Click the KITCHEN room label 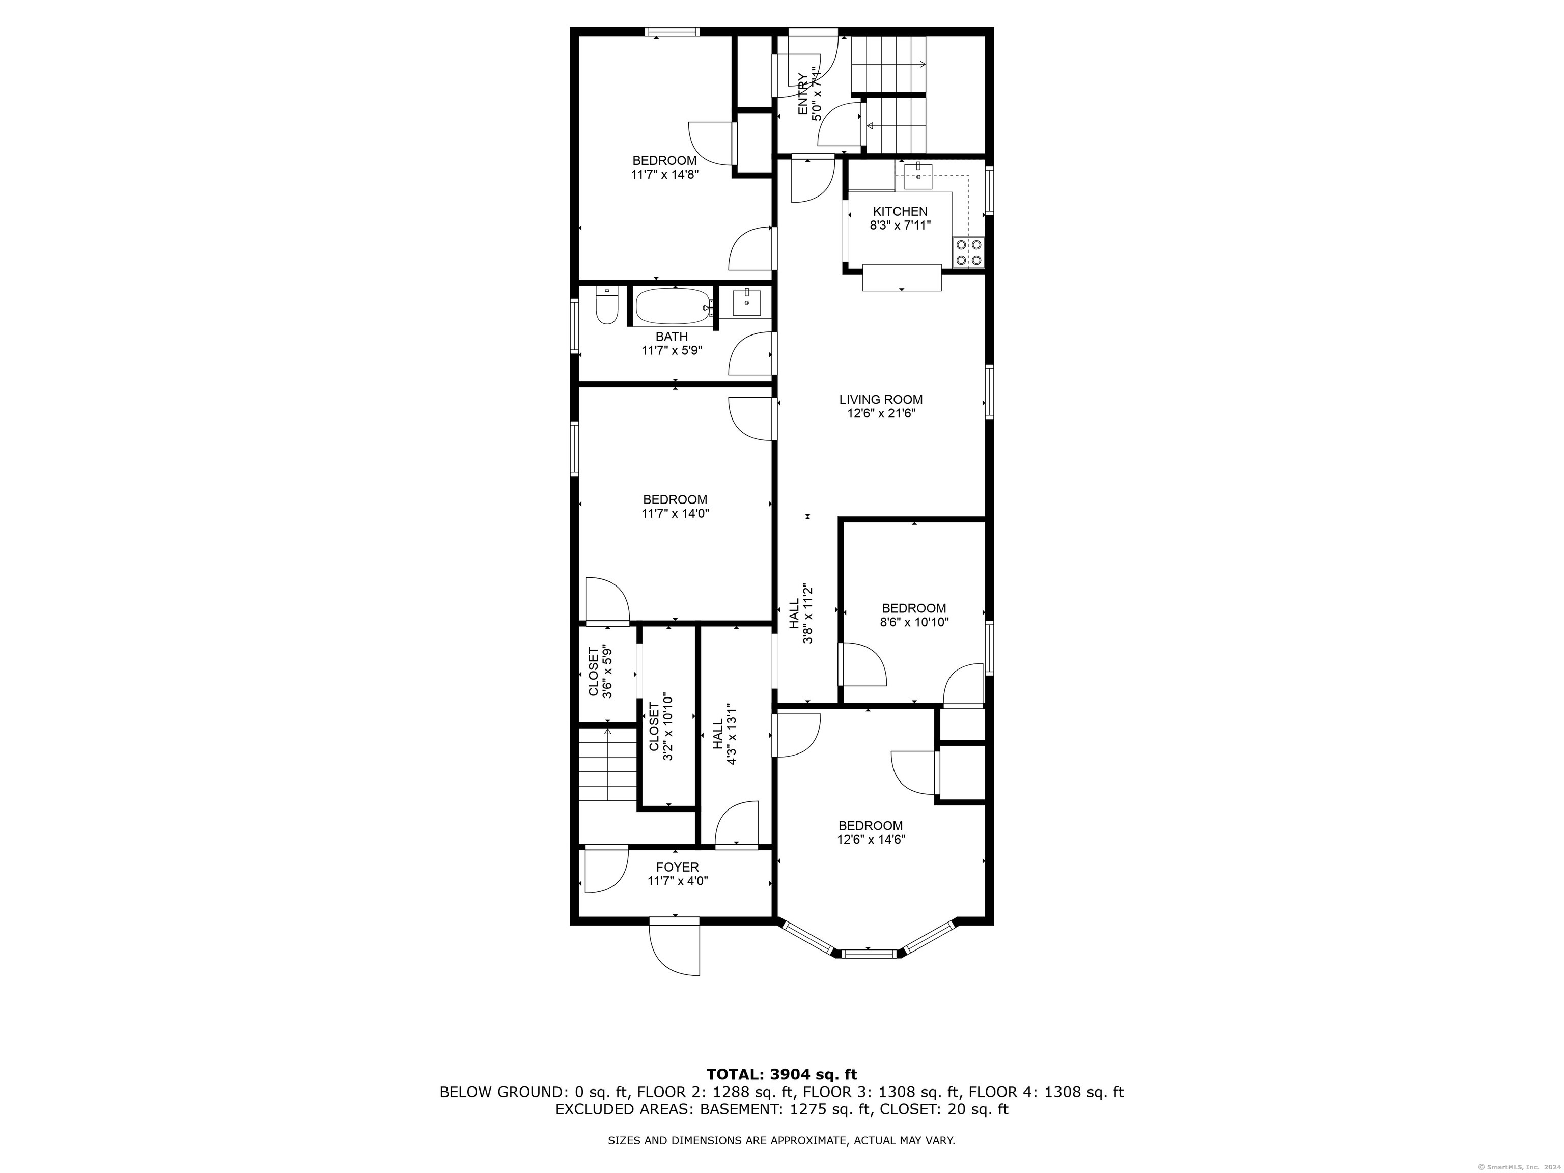pyautogui.click(x=900, y=211)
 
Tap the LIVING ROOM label pyautogui.click(x=881, y=400)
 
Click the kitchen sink pyautogui.click(x=918, y=175)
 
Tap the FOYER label pyautogui.click(x=677, y=867)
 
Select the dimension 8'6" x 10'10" pyautogui.click(x=914, y=622)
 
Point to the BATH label pyautogui.click(x=672, y=337)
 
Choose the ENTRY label pyautogui.click(x=803, y=94)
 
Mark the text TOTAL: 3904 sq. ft pyautogui.click(x=781, y=1075)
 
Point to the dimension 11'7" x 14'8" pyautogui.click(x=664, y=175)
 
